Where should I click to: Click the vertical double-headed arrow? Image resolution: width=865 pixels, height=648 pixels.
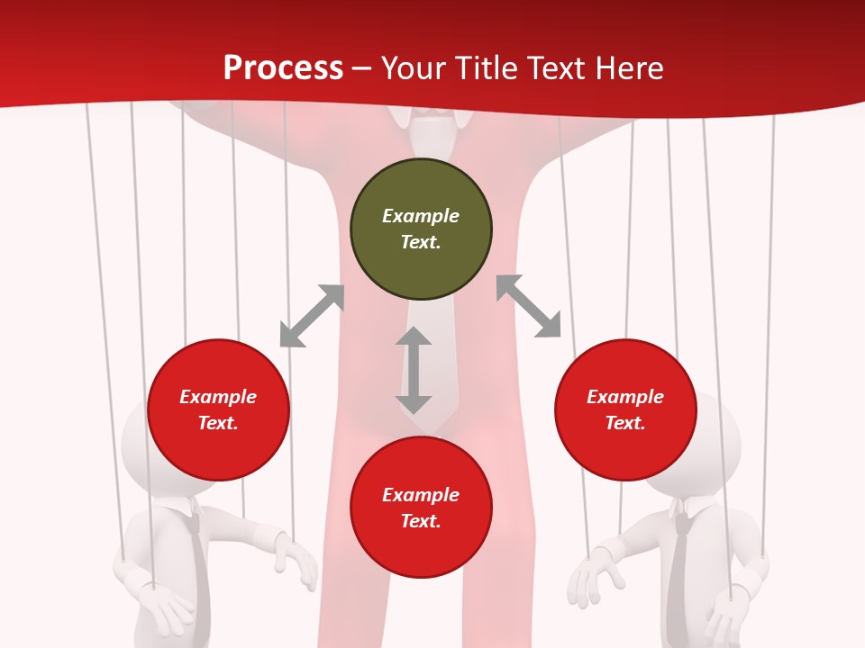tap(414, 371)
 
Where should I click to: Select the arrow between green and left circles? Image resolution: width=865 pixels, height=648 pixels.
tap(312, 316)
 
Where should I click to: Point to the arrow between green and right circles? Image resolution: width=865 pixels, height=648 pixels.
tap(529, 307)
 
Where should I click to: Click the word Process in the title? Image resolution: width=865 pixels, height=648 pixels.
tap(283, 67)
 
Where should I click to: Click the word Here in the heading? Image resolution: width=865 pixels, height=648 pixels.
tap(629, 67)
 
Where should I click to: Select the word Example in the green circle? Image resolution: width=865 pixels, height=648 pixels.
tap(421, 216)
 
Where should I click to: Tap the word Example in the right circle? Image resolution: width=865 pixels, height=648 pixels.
tap(625, 397)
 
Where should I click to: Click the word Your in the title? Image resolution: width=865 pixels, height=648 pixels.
tap(411, 67)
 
